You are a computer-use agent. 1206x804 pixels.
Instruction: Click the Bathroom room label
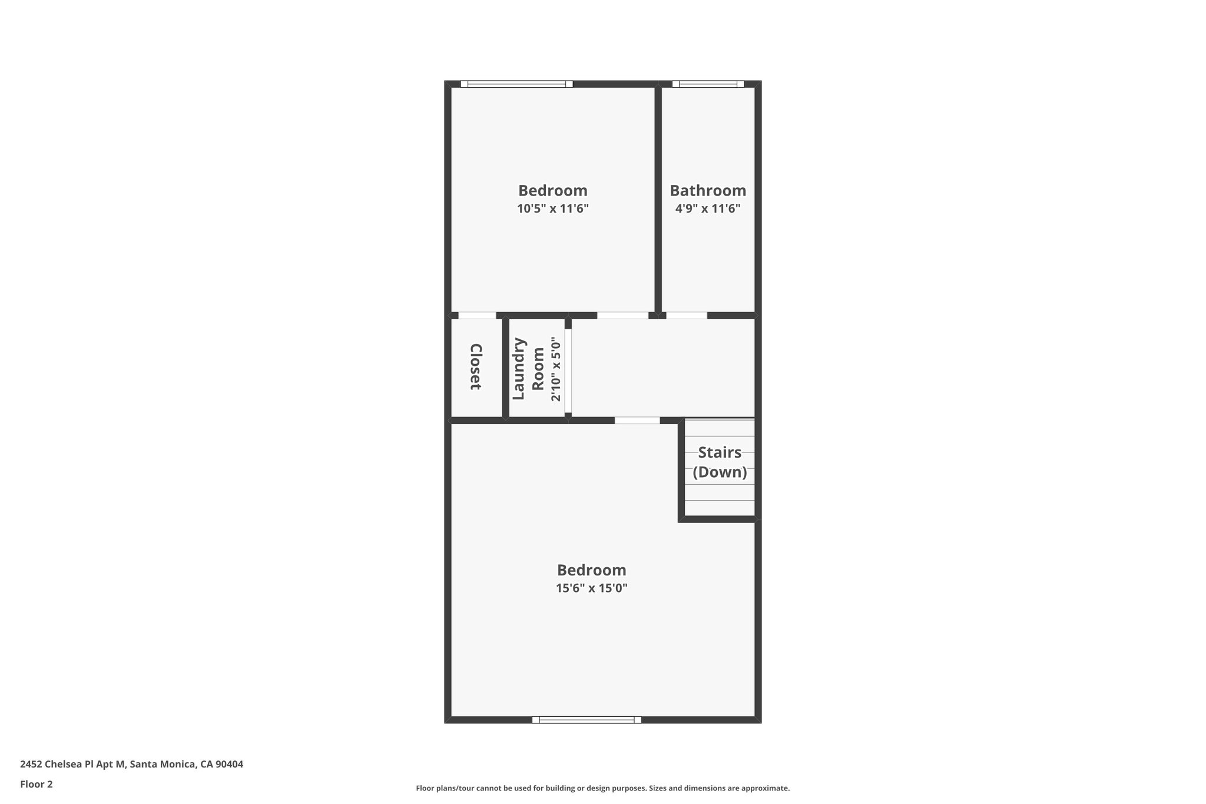708,191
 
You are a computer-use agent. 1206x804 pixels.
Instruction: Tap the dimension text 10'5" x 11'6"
553,209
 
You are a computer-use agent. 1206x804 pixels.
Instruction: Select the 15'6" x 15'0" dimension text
591,588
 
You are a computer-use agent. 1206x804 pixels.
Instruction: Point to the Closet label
476,367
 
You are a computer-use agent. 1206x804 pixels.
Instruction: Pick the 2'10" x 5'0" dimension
556,369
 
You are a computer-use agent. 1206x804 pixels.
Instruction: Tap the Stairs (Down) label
720,462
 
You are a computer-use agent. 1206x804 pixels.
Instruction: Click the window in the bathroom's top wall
708,84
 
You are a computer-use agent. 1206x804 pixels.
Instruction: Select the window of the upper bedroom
516,84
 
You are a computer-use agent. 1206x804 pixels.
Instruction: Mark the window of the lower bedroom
587,719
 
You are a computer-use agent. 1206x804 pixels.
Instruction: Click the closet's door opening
477,316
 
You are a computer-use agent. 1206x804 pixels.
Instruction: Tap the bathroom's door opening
686,316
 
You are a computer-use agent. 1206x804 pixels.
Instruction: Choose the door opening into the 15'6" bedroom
637,421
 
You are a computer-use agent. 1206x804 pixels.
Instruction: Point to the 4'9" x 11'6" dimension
708,209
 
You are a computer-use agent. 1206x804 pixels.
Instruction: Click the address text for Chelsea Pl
131,765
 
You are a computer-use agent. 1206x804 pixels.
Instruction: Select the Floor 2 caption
37,784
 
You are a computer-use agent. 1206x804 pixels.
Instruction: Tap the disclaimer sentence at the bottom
602,788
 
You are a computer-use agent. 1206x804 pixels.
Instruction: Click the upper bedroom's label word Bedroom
553,191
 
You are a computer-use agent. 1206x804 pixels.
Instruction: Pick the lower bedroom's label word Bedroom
591,570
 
